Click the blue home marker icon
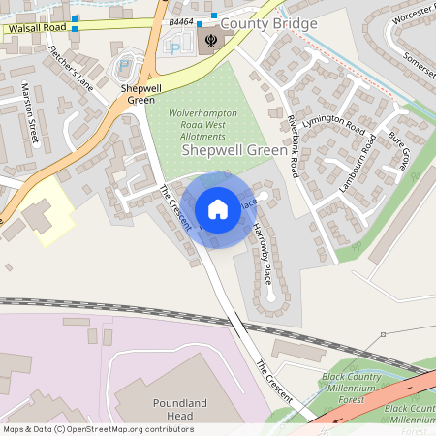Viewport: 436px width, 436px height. (x=217, y=208)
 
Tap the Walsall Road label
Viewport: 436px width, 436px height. (x=34, y=29)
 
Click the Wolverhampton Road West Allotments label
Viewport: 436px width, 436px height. (x=203, y=127)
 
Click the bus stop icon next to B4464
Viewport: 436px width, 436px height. (x=200, y=22)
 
